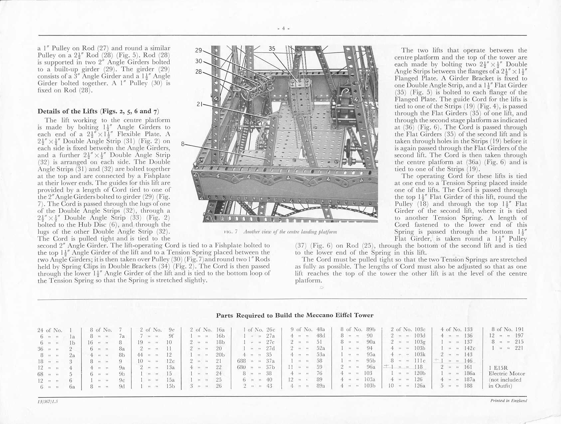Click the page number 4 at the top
(283, 29)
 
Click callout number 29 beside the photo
(199, 51)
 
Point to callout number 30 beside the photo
(199, 61)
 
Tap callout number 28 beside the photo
(199, 71)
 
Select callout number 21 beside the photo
(200, 104)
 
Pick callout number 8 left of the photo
(183, 144)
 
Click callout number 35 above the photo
(272, 49)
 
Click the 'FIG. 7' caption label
(231, 232)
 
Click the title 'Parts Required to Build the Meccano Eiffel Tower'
(295, 315)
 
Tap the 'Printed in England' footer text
(508, 401)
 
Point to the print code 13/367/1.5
(48, 401)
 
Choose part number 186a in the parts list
(469, 373)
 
